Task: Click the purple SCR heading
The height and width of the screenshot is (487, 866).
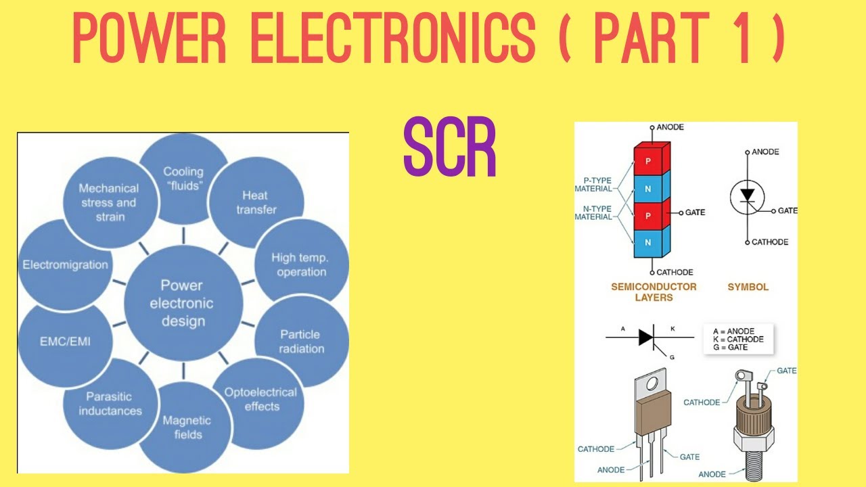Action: coord(450,148)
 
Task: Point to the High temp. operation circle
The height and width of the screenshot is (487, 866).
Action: coord(299,264)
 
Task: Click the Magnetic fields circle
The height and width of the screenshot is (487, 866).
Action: coord(186,427)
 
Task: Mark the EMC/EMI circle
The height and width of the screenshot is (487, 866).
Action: coord(65,342)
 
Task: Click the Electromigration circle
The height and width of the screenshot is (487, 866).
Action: coord(65,264)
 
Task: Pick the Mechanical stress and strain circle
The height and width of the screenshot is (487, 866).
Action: coord(108,202)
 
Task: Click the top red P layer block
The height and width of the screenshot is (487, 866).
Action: coord(648,160)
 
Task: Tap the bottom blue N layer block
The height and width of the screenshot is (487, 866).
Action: coord(648,242)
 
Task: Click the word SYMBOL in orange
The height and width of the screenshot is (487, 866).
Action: coord(748,287)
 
